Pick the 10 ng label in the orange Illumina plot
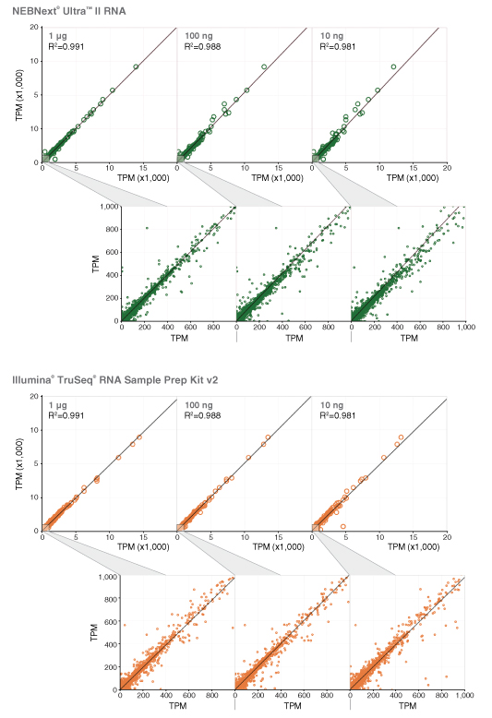click(x=328, y=405)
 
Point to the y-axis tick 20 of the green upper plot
click(x=33, y=28)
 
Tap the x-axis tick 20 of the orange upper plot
click(x=446, y=538)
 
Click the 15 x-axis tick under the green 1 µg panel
click(x=143, y=169)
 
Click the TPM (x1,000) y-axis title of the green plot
click(x=19, y=95)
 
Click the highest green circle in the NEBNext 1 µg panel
click(x=136, y=66)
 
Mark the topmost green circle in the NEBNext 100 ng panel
click(x=264, y=66)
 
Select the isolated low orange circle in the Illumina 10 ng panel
click(x=343, y=525)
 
